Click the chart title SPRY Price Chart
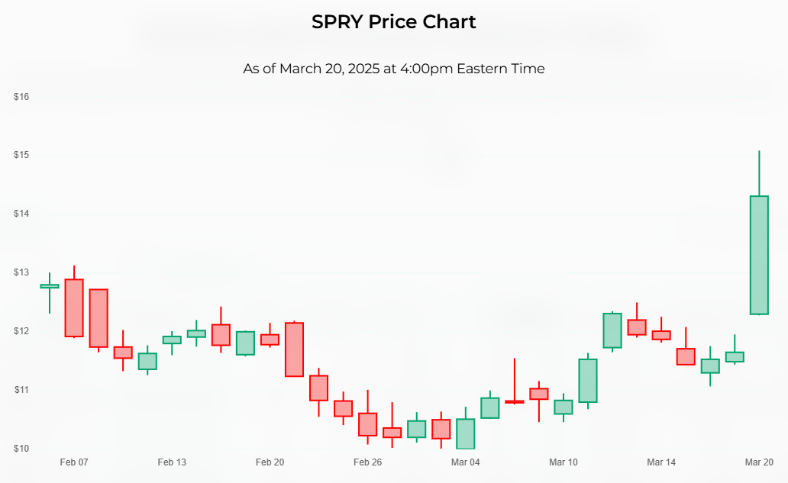tap(393, 22)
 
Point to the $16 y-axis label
tap(21, 97)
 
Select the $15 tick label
tap(21, 155)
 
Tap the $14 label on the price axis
tap(21, 214)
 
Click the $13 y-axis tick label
tap(21, 272)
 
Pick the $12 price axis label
tap(21, 331)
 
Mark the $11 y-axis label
tap(21, 390)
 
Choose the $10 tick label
tap(21, 449)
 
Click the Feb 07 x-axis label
tap(74, 462)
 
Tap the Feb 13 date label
tap(172, 462)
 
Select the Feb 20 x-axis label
tap(270, 462)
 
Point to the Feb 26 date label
tap(367, 462)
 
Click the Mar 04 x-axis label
tap(465, 462)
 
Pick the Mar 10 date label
tap(564, 462)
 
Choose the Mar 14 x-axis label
tap(661, 462)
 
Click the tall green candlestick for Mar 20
tap(759, 255)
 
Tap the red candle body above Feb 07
tap(74, 308)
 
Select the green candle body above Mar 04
tap(465, 433)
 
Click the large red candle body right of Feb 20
tap(294, 349)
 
